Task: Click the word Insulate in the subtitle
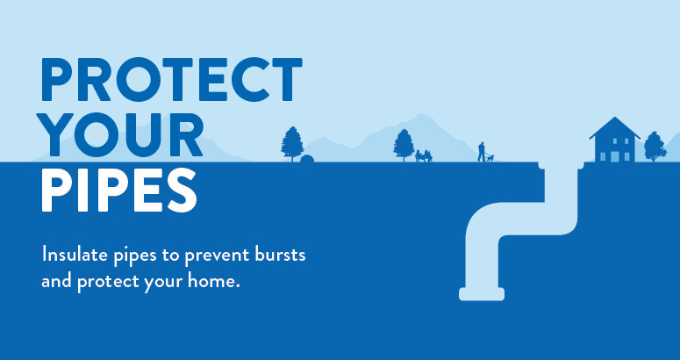click(76, 256)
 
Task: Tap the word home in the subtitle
click(214, 283)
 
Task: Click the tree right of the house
click(655, 146)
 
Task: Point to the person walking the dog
click(480, 152)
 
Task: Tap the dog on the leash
click(491, 158)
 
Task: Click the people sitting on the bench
click(423, 155)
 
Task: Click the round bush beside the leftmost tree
click(307, 158)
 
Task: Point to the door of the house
click(614, 155)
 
